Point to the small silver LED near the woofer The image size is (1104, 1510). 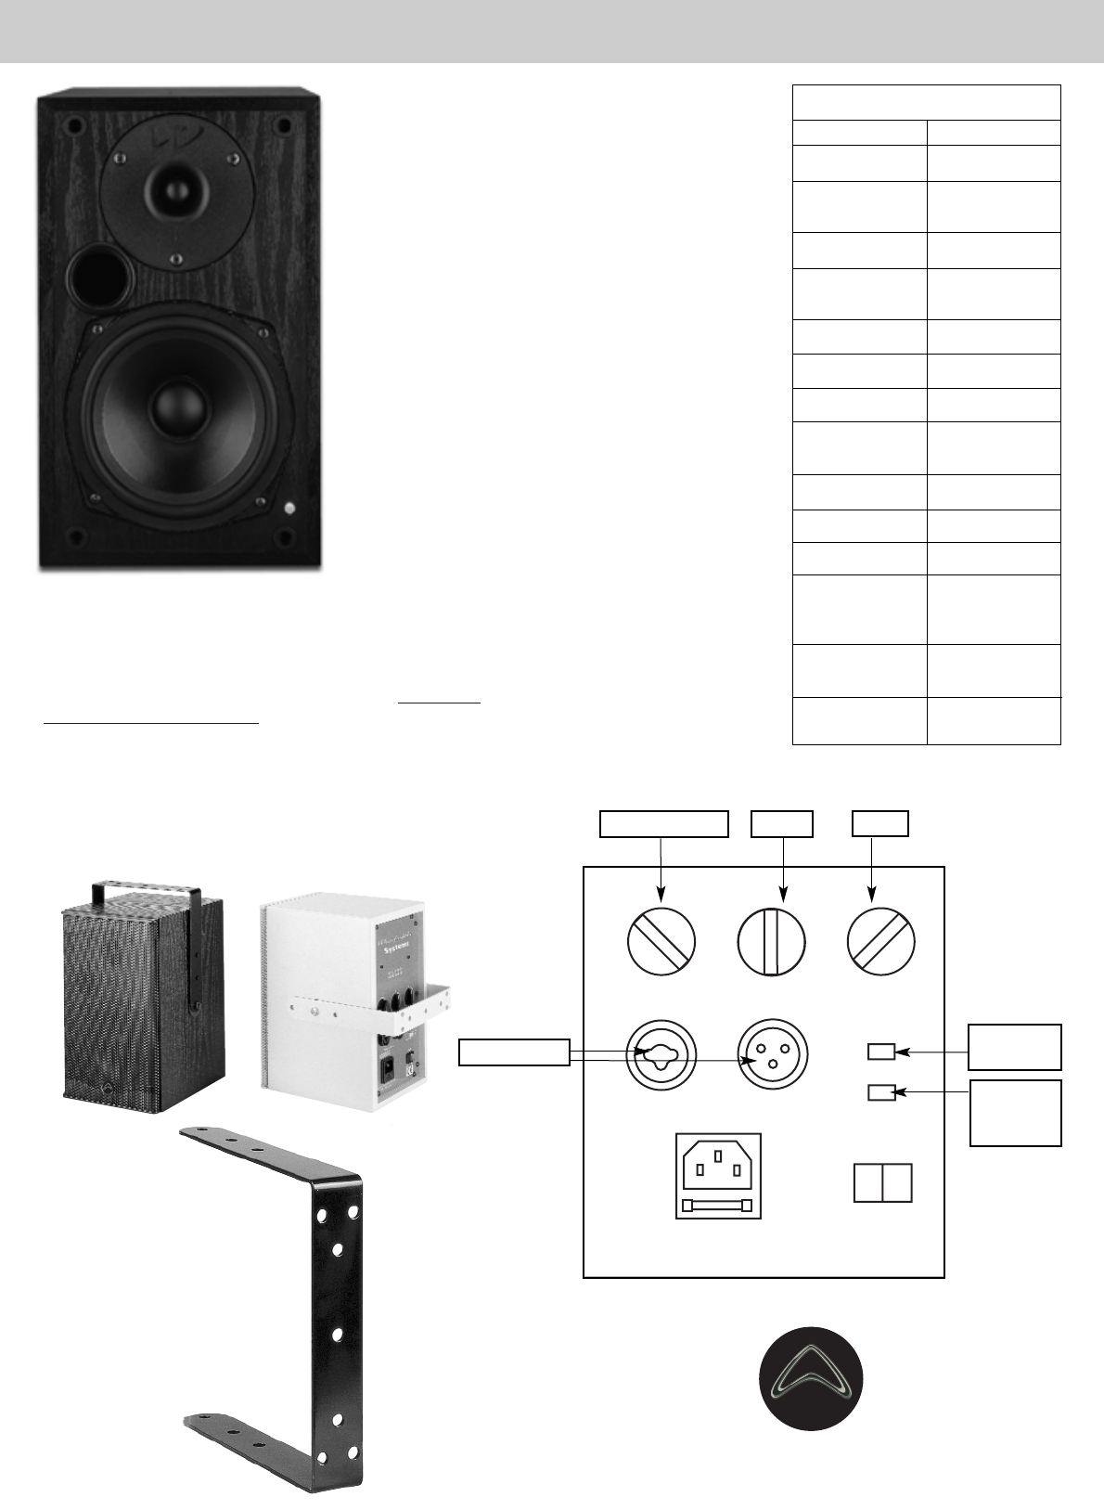(x=290, y=508)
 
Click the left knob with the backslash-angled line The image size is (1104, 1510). (x=661, y=941)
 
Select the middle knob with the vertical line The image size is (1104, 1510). (x=772, y=941)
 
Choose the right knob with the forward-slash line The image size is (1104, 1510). (x=881, y=941)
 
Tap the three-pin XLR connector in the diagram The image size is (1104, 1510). (x=772, y=1056)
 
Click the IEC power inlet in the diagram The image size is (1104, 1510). (x=718, y=1162)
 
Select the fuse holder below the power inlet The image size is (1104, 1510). (x=718, y=1205)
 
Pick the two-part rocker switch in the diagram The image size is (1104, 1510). (x=882, y=1183)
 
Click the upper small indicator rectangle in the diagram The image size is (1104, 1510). (x=881, y=1052)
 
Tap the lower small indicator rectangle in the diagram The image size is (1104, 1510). (x=881, y=1092)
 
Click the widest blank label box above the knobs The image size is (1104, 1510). (x=662, y=823)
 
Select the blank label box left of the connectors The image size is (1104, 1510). (x=515, y=1052)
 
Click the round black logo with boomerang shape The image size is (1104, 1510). (x=812, y=1378)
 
